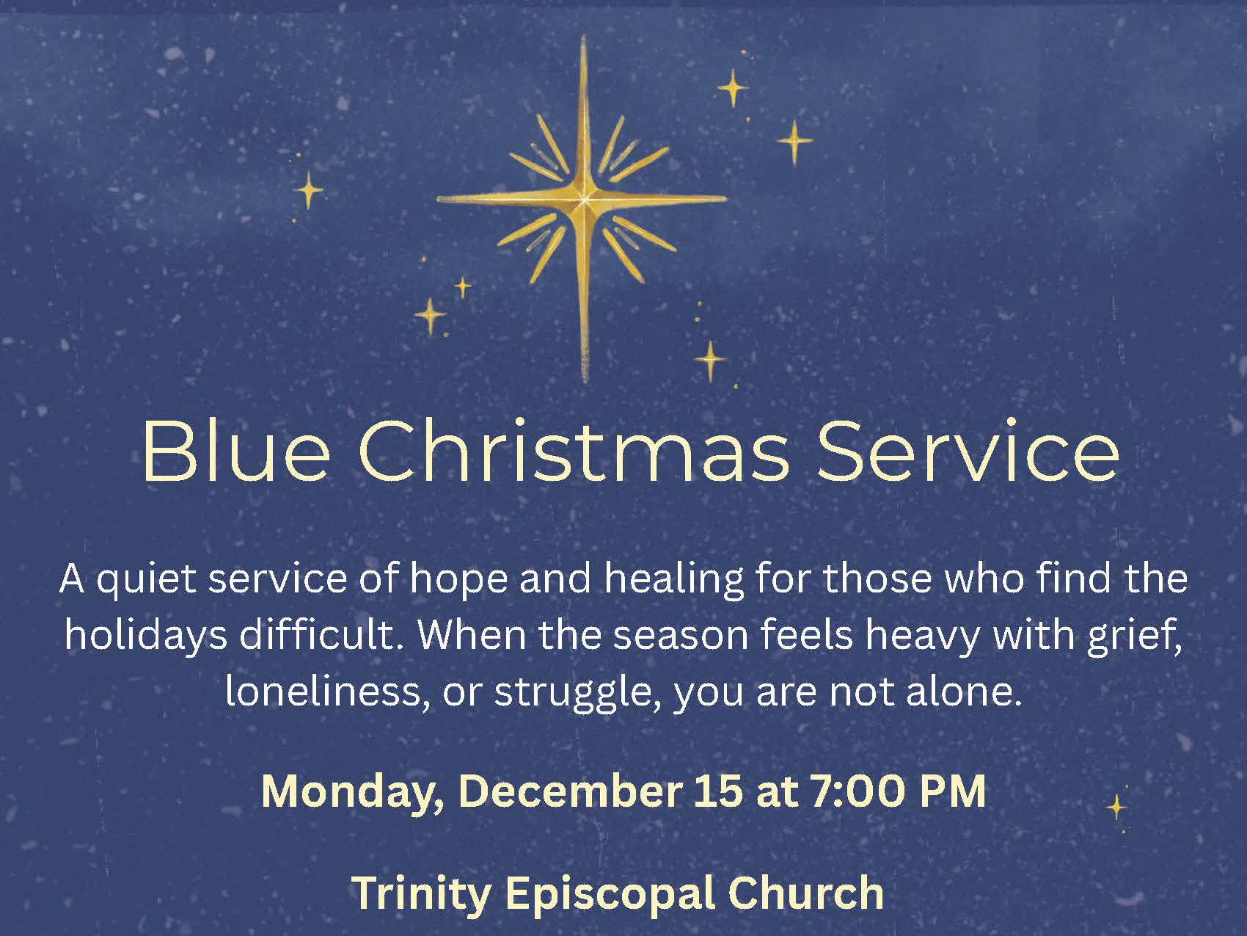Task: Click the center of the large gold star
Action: [584, 199]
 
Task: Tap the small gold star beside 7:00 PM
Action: [1116, 807]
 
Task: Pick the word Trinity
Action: [422, 893]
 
